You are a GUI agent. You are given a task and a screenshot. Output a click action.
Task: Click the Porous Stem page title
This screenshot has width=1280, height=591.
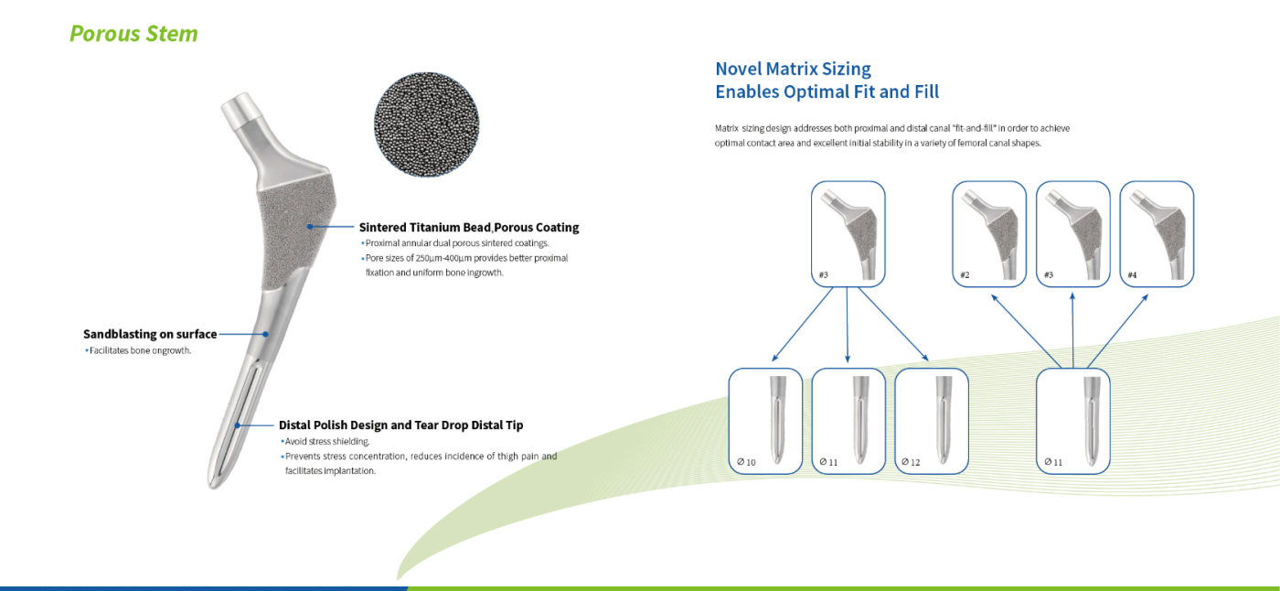pyautogui.click(x=133, y=34)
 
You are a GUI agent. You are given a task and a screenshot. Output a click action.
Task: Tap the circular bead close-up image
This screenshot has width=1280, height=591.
pyautogui.click(x=425, y=126)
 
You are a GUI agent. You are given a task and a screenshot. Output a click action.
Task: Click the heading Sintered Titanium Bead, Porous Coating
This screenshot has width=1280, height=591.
pyautogui.click(x=468, y=227)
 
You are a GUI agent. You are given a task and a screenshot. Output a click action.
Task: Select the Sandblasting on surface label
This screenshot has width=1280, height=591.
pyautogui.click(x=150, y=334)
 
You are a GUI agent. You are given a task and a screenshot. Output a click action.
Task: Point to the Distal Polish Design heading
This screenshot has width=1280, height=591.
pyautogui.click(x=400, y=424)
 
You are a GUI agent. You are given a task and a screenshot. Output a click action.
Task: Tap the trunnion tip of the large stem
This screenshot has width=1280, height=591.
pyautogui.click(x=241, y=108)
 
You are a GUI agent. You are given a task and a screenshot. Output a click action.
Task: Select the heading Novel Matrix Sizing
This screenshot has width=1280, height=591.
pyautogui.click(x=793, y=69)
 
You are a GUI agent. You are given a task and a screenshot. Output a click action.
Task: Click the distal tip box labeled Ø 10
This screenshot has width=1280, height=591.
pyautogui.click(x=765, y=421)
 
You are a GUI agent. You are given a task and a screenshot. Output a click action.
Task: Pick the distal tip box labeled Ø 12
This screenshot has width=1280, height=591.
pyautogui.click(x=932, y=421)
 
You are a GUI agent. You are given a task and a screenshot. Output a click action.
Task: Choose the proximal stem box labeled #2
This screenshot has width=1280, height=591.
pyautogui.click(x=989, y=233)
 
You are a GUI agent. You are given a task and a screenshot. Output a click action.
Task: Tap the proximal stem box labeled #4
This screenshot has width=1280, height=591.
pyautogui.click(x=1157, y=233)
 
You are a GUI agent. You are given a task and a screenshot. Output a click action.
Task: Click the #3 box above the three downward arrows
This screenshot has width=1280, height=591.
pyautogui.click(x=848, y=233)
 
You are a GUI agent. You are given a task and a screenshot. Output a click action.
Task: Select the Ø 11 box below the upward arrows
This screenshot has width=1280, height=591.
pyautogui.click(x=1072, y=421)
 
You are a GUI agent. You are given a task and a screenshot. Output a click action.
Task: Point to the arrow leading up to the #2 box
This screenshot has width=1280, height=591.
pyautogui.click(x=1025, y=329)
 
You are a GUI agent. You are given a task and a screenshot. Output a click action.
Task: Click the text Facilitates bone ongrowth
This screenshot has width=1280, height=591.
pyautogui.click(x=140, y=350)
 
